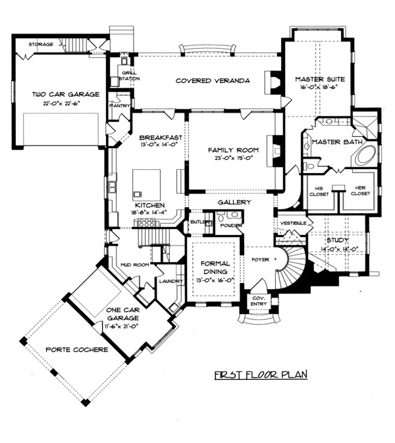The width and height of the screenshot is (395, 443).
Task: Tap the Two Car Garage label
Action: [66, 94]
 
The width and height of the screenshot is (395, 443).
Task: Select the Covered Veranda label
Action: [213, 80]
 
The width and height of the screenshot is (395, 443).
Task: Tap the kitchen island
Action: [146, 182]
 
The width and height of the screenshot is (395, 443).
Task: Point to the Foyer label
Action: [260, 259]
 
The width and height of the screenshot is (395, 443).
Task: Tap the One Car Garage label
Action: [122, 313]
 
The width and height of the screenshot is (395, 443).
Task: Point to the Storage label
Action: [41, 44]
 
